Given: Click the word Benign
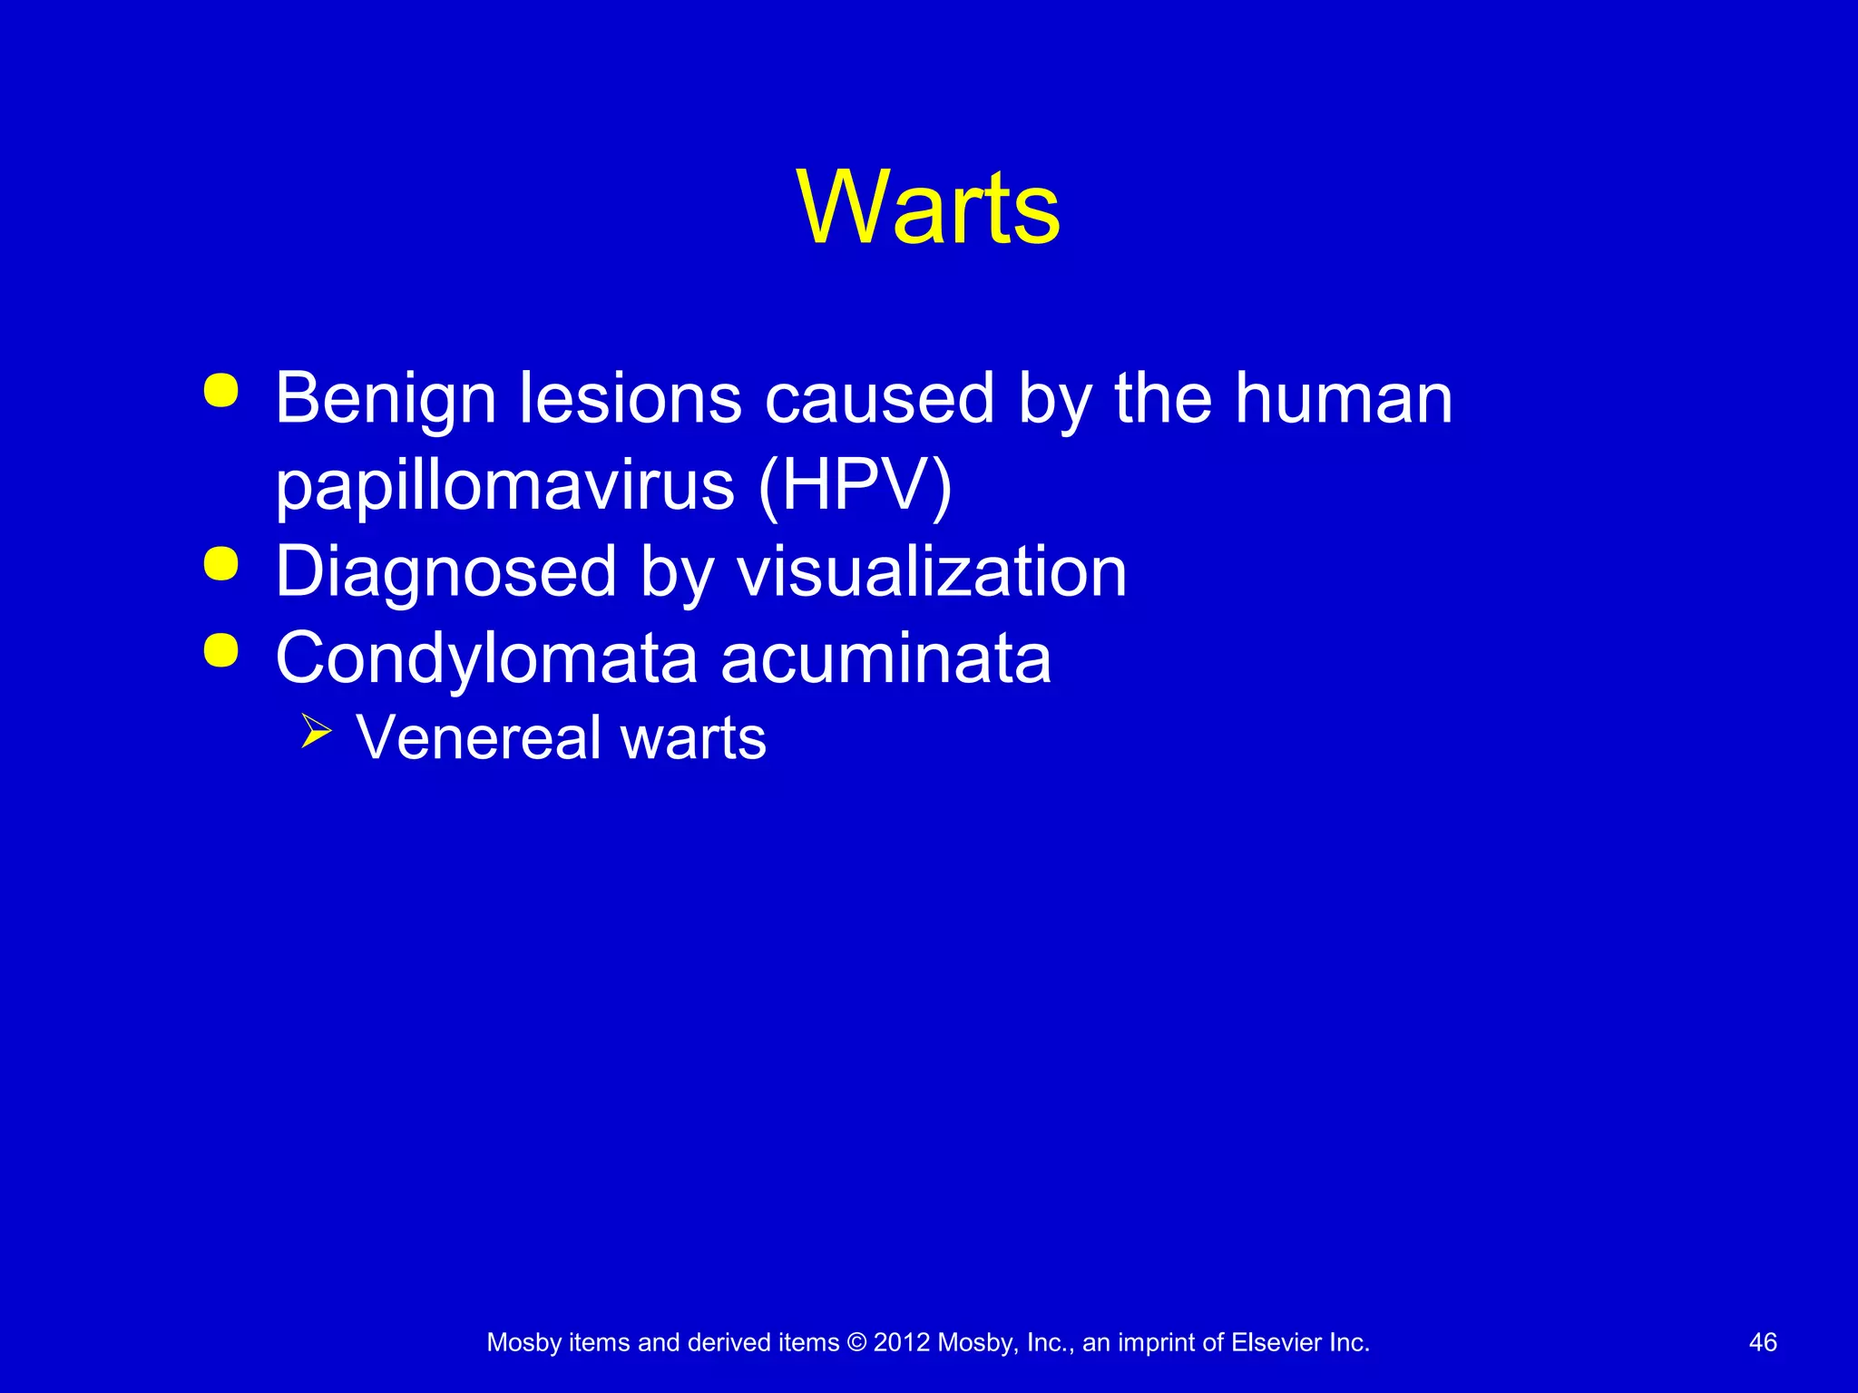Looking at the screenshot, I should [385, 399].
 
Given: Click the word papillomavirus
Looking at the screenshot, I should [504, 487].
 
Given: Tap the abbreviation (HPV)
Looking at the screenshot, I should [855, 485].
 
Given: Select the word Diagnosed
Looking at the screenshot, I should [445, 572].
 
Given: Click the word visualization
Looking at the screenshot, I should [931, 572].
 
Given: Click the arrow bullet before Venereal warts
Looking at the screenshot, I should [316, 731].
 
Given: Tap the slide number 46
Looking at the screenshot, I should [1762, 1342].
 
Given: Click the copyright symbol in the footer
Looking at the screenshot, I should [856, 1342].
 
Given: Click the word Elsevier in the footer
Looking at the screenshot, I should [1276, 1342].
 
